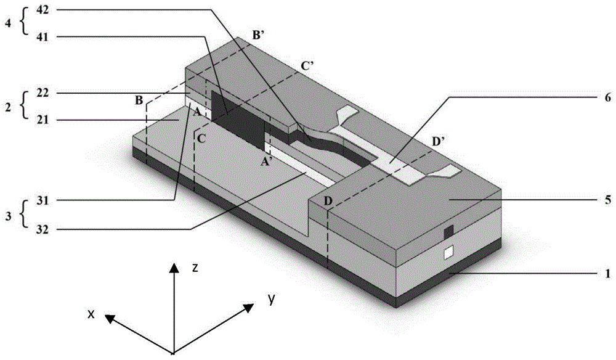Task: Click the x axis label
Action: coord(91,314)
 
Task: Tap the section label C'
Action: coord(308,64)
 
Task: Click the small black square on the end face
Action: coord(449,231)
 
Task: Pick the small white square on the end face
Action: coord(449,252)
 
